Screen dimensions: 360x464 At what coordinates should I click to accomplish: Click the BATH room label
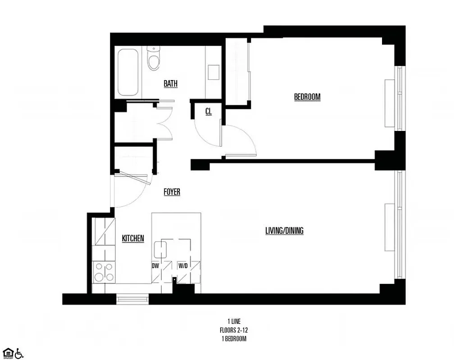point(170,83)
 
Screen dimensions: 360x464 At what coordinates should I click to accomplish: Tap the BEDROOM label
point(307,97)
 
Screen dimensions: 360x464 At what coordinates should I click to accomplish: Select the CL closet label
point(209,112)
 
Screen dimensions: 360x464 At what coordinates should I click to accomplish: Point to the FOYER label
point(172,192)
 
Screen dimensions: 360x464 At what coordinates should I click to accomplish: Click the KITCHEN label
point(133,238)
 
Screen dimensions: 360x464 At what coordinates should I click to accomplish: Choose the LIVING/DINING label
point(284,231)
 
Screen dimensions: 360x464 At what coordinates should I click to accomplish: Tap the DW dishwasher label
point(155,266)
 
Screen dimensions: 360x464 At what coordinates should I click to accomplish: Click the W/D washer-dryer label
point(183,266)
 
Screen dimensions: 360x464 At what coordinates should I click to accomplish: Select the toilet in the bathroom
point(153,59)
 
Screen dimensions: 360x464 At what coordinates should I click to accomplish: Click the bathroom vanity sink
point(213,71)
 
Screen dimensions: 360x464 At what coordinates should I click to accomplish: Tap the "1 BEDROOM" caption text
point(233,339)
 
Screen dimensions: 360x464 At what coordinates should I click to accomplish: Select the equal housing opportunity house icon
point(8,352)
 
